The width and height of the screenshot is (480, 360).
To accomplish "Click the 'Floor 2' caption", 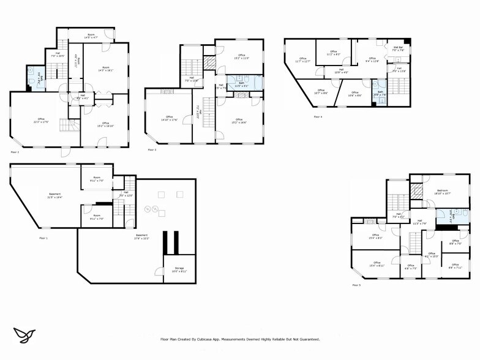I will pyautogui.click(x=15, y=151).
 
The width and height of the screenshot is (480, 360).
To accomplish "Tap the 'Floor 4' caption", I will pyautogui.click(x=318, y=116).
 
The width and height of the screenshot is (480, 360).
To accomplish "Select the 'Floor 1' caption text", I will pyautogui.click(x=43, y=238).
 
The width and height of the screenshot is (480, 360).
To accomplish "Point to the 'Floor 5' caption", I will pyautogui.click(x=356, y=285).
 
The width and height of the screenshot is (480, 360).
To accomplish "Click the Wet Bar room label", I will pyautogui.click(x=397, y=49).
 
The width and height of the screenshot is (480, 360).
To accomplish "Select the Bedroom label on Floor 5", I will pyautogui.click(x=442, y=191).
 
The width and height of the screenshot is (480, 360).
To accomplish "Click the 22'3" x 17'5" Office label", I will pyautogui.click(x=41, y=120).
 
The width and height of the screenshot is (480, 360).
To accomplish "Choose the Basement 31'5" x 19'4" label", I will pyautogui.click(x=56, y=196).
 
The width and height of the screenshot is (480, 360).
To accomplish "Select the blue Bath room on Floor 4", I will pyautogui.click(x=380, y=94).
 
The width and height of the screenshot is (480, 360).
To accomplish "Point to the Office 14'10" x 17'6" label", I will pyautogui.click(x=168, y=118).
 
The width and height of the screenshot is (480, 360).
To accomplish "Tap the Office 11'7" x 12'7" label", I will pyautogui.click(x=302, y=60).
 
